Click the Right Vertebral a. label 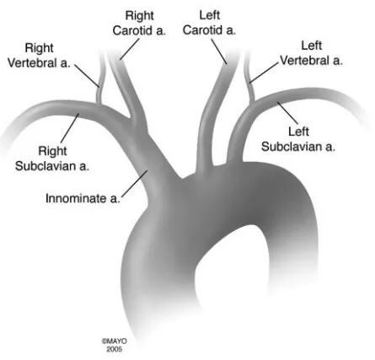coord(39,56)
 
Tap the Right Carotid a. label coord(139,23)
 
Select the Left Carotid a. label coord(209,23)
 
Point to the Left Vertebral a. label coord(311,53)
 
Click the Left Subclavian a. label coord(298,139)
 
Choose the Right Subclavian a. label coord(52,159)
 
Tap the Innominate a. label coord(83,198)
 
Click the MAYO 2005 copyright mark coord(115,345)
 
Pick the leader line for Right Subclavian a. coord(70,128)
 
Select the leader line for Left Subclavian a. coord(287,113)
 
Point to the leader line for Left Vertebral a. coord(264,73)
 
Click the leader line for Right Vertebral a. coord(87,75)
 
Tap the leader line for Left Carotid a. coord(219,51)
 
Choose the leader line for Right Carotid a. coord(130,49)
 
